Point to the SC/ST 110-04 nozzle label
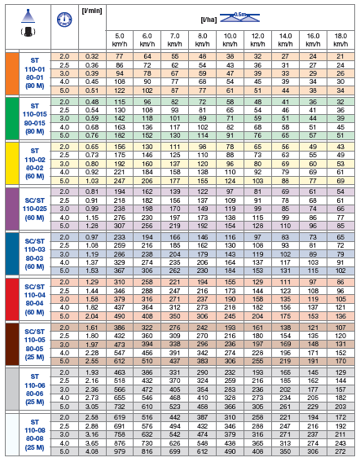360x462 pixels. (34, 297)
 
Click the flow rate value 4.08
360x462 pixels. (92, 451)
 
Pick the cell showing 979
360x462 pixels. (120, 451)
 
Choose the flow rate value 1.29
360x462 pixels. (92, 280)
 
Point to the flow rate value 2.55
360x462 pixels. (92, 360)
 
